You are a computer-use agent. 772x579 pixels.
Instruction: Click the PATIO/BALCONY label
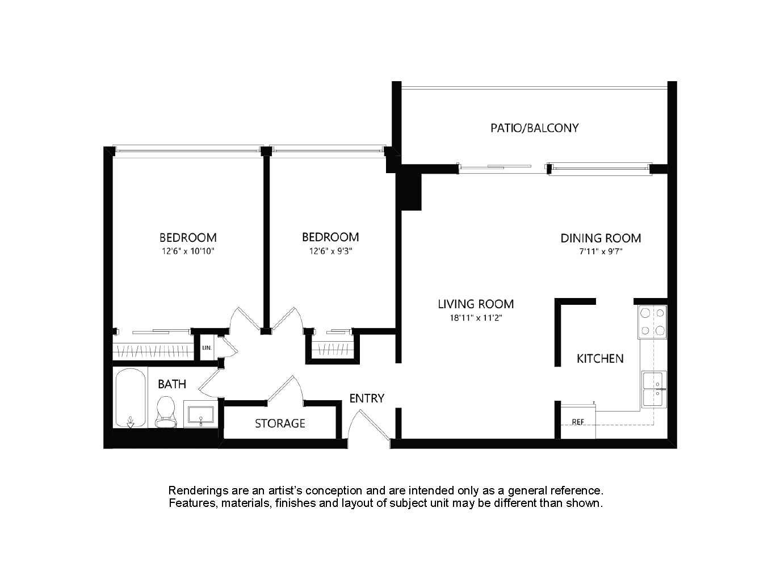pyautogui.click(x=534, y=128)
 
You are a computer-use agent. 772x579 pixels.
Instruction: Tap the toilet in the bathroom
pyautogui.click(x=166, y=412)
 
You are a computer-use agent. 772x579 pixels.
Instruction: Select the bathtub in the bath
pyautogui.click(x=131, y=397)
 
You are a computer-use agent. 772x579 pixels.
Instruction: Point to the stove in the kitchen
pyautogui.click(x=652, y=322)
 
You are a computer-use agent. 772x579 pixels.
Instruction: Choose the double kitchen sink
pyautogui.click(x=654, y=389)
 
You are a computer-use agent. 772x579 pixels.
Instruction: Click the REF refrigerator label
pyautogui.click(x=578, y=422)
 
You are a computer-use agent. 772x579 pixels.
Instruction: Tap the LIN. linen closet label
pyautogui.click(x=207, y=348)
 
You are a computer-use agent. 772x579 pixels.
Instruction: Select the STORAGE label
pyautogui.click(x=280, y=423)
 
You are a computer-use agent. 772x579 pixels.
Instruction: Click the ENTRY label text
pyautogui.click(x=367, y=398)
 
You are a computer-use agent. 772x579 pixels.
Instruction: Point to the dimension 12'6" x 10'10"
pyautogui.click(x=188, y=251)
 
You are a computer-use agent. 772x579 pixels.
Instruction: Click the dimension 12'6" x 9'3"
pyautogui.click(x=330, y=251)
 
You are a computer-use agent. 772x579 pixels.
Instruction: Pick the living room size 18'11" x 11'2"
pyautogui.click(x=476, y=318)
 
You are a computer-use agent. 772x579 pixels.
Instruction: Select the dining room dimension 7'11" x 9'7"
pyautogui.click(x=601, y=251)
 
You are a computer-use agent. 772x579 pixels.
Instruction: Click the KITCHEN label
pyautogui.click(x=600, y=359)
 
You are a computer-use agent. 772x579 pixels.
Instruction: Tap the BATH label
pyautogui.click(x=172, y=384)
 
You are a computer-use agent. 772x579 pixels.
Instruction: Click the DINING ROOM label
pyautogui.click(x=601, y=238)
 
